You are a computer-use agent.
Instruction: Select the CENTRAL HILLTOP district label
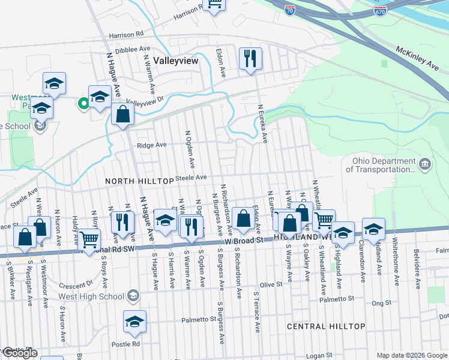(326, 326)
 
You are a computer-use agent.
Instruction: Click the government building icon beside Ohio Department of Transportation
(424, 164)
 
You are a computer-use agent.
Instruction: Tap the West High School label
(91, 296)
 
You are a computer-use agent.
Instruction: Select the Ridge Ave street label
(152, 145)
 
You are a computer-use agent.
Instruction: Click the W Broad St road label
(244, 240)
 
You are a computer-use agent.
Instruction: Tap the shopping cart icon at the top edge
(214, 5)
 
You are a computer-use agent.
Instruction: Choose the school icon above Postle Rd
(134, 322)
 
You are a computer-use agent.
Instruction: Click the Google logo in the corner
(20, 353)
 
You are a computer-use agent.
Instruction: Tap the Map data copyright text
(412, 355)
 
